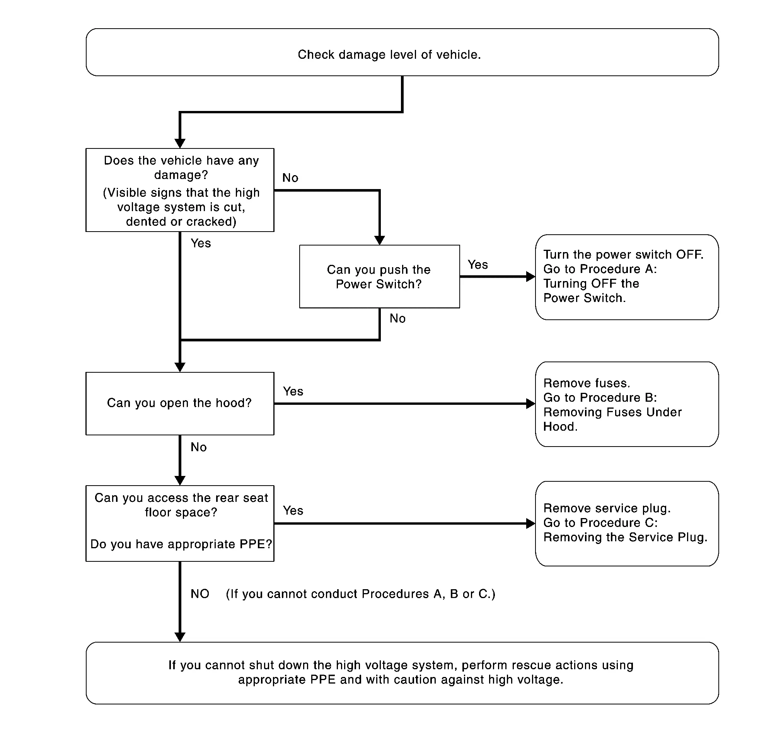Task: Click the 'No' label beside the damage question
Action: [x=290, y=178]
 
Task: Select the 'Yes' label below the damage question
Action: [x=201, y=243]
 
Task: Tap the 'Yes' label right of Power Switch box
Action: [x=477, y=264]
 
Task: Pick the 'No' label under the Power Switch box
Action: [x=397, y=318]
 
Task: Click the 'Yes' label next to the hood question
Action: [x=293, y=391]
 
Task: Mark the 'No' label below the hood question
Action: [x=199, y=447]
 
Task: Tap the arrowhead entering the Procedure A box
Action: [x=531, y=276]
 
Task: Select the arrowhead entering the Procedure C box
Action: [x=531, y=523]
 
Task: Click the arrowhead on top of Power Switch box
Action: [x=379, y=240]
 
